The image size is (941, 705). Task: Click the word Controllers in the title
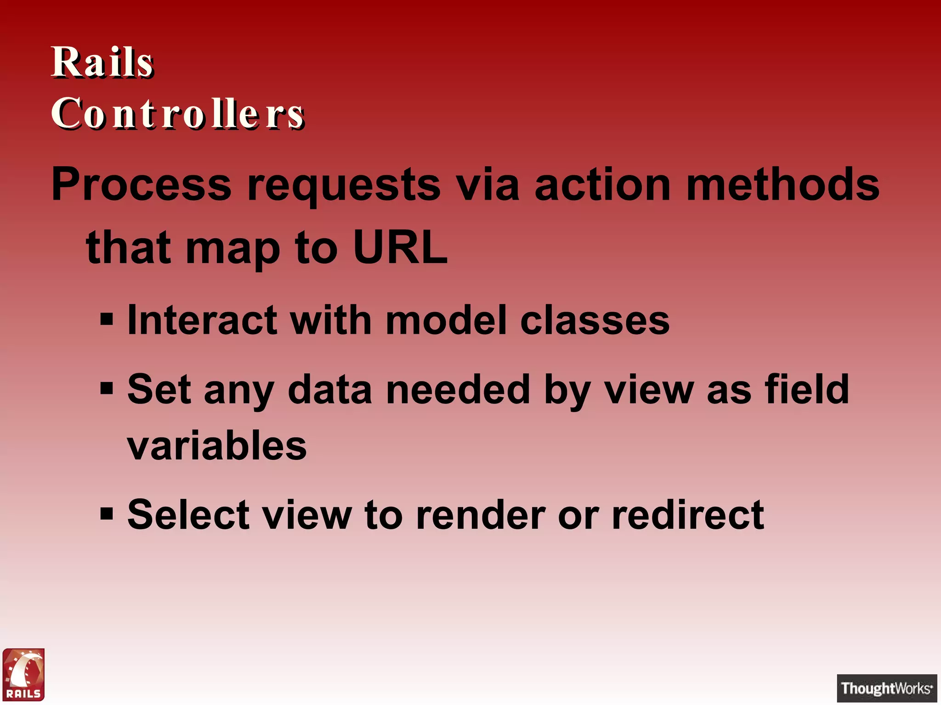click(x=177, y=113)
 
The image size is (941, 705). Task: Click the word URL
click(x=400, y=248)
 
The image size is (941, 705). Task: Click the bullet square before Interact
click(x=107, y=319)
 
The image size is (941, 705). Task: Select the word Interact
click(x=202, y=320)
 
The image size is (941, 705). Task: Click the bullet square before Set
click(x=107, y=388)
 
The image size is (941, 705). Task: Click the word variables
click(x=217, y=446)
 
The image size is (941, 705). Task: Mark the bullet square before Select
click(x=107, y=513)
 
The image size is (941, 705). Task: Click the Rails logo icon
click(x=24, y=674)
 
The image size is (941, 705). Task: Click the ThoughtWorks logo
click(x=887, y=688)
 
